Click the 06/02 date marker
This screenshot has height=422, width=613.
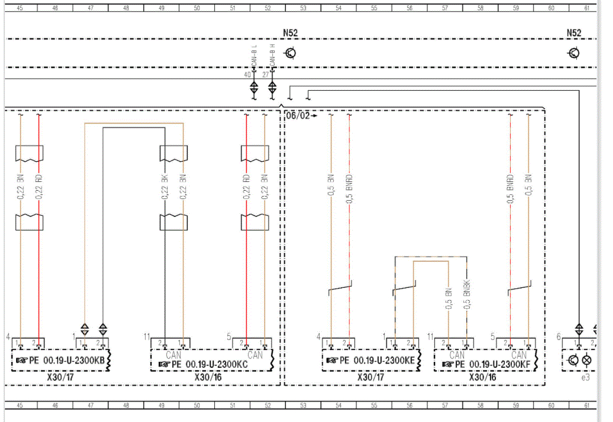(297, 116)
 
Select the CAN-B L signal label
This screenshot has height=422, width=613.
(254, 56)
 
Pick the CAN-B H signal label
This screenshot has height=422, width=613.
(272, 55)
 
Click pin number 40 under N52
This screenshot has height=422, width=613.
(247, 75)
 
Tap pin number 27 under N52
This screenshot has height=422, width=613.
(265, 75)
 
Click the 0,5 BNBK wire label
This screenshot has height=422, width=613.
(467, 294)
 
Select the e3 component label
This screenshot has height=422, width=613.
(585, 377)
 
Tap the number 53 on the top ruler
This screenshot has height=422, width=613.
(303, 8)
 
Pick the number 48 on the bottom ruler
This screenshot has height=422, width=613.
(126, 405)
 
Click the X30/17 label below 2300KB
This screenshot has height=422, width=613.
(60, 377)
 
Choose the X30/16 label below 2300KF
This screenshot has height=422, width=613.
(482, 377)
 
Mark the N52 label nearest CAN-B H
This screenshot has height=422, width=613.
(290, 33)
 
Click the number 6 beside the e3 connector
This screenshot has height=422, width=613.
(558, 337)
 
